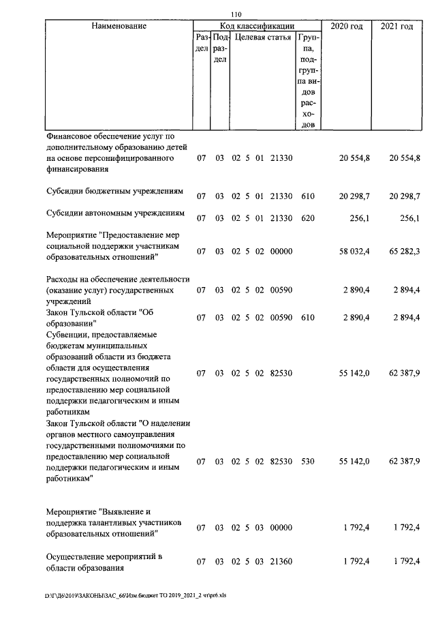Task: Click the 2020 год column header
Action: tap(347, 26)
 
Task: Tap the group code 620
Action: tap(308, 218)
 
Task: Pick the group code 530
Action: tap(308, 462)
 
